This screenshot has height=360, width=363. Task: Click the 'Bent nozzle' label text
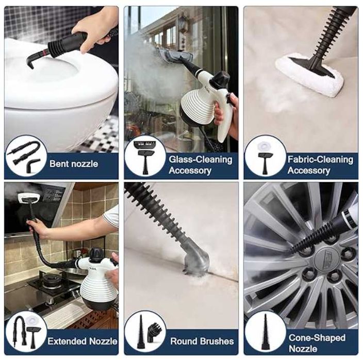pyautogui.click(x=74, y=164)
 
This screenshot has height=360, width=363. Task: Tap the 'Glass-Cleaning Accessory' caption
pyautogui.click(x=201, y=165)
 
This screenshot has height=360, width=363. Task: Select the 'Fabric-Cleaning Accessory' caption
pyautogui.click(x=320, y=165)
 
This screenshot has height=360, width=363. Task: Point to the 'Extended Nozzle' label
pyautogui.click(x=82, y=341)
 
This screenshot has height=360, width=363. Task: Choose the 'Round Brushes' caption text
pyautogui.click(x=202, y=341)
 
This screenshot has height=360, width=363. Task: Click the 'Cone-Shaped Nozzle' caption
pyautogui.click(x=317, y=343)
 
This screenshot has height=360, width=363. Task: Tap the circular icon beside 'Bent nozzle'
pyautogui.click(x=26, y=156)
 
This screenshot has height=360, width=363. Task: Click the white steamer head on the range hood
pyautogui.click(x=30, y=197)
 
